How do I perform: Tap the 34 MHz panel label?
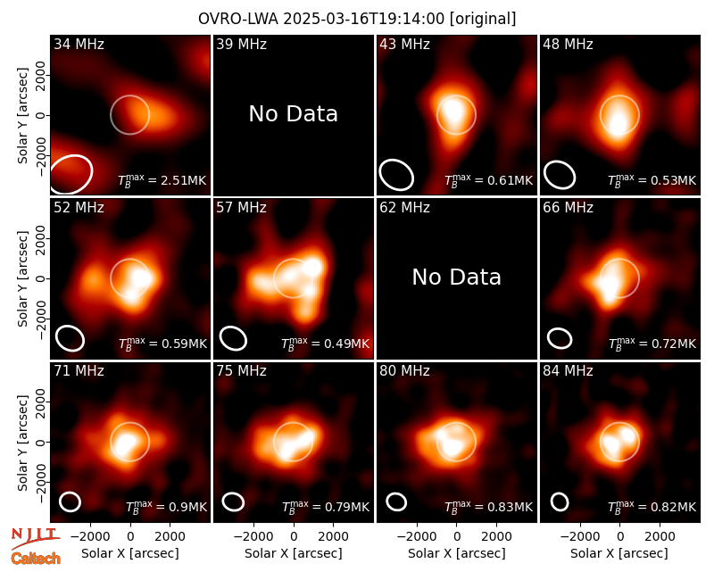(79, 44)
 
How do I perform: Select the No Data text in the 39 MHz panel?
(294, 114)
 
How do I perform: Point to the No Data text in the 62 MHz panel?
(457, 278)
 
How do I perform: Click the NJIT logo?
(35, 538)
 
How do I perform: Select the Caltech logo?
(36, 559)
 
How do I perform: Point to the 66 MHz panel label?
(568, 208)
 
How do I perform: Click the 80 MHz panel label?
(404, 371)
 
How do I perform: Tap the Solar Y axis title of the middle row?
(23, 278)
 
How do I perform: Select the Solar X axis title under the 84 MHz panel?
(619, 553)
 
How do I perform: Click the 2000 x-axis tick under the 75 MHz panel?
(333, 536)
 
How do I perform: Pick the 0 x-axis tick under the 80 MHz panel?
(457, 536)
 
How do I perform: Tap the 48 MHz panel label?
(568, 44)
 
